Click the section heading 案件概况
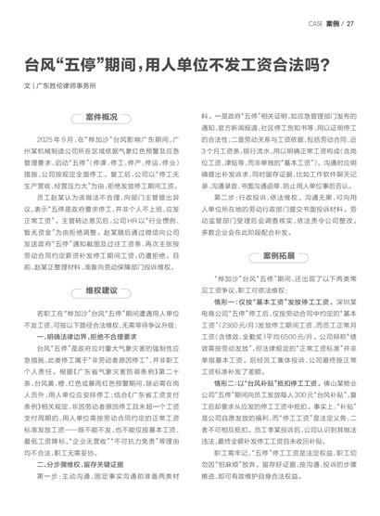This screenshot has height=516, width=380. tap(101, 118)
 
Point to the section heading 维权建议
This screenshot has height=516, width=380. tap(101, 290)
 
